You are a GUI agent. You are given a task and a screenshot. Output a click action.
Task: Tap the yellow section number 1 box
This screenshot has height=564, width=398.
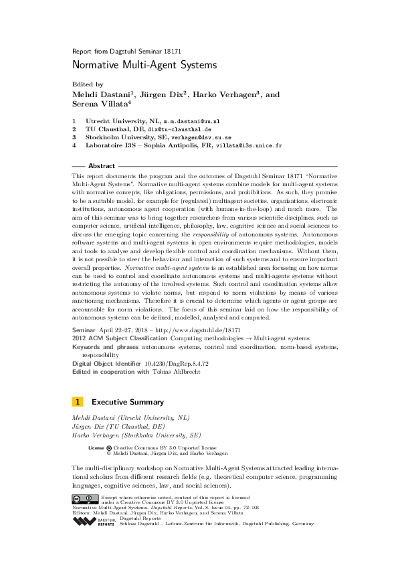coord(77,403)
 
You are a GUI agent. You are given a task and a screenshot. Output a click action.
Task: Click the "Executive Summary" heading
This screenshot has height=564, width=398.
coord(128,403)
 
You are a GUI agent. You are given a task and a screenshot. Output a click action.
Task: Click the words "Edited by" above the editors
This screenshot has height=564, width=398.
coord(87,84)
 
